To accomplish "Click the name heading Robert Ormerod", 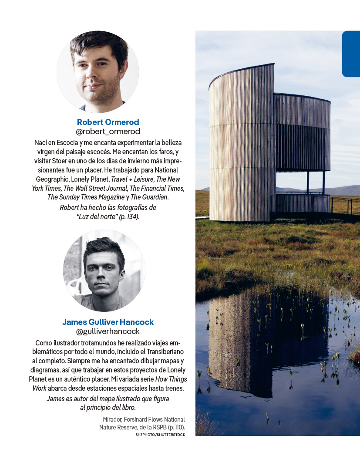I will tap(108, 122).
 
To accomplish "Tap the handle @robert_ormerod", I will tap(108, 131).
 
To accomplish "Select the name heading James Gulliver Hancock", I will tap(108, 322).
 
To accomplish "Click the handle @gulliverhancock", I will tap(108, 331).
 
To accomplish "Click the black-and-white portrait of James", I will tap(104, 270).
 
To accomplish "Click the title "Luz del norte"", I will tap(93, 216).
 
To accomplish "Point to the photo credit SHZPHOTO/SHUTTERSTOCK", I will tap(160, 435).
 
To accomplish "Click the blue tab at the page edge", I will tap(351, 54).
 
